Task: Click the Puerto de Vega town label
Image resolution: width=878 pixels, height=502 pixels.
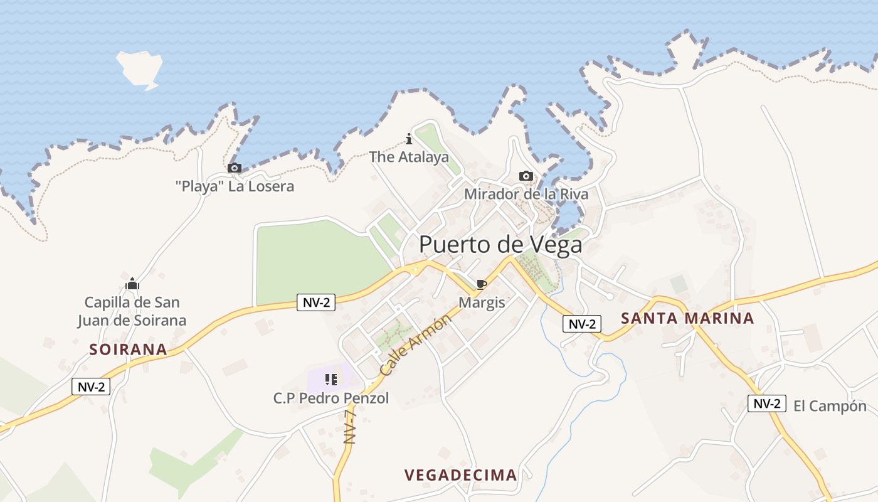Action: [x=500, y=245]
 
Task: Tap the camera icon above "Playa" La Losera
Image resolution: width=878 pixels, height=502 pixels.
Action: [x=235, y=168]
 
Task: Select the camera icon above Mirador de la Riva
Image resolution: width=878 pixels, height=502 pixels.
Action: [x=526, y=176]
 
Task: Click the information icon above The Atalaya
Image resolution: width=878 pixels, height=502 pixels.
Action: [x=409, y=139]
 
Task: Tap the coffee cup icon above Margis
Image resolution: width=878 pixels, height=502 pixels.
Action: [x=481, y=284]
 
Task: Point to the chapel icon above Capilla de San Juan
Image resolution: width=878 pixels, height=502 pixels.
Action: [x=132, y=284]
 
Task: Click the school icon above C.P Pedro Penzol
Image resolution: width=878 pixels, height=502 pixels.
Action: [x=331, y=379]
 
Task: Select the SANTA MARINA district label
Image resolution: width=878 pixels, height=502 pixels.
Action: [x=687, y=318]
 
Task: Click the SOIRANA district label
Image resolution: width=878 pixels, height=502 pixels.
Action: [x=128, y=350]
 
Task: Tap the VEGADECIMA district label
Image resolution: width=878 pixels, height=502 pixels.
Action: [x=461, y=475]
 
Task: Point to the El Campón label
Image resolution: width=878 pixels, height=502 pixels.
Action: [x=830, y=406]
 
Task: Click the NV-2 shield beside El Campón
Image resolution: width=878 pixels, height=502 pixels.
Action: [x=766, y=403]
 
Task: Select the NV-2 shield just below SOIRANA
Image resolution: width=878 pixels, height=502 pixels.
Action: [x=91, y=387]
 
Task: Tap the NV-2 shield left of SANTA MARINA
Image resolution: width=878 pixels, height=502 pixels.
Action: [x=582, y=324]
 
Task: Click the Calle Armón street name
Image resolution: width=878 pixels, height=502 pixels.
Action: [x=415, y=346]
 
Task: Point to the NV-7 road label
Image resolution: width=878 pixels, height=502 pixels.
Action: [x=350, y=427]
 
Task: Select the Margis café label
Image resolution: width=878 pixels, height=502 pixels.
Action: [x=482, y=302]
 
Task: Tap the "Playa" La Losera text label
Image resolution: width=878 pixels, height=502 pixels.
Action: [x=235, y=186]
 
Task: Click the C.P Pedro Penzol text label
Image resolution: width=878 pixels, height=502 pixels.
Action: [x=331, y=398]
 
